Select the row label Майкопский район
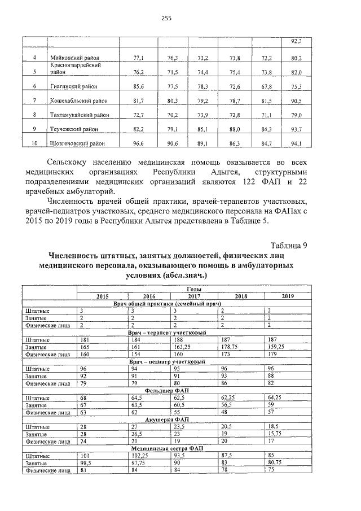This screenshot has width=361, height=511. pos(74,58)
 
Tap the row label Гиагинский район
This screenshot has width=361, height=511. pos(74,86)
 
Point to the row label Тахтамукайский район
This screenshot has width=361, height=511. pos(79,115)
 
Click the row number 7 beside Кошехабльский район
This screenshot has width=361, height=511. pos(35,101)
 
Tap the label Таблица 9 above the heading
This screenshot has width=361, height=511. pos(288,245)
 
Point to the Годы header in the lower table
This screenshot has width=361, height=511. pos(193,289)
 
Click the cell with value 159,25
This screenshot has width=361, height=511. pos(277,347)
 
